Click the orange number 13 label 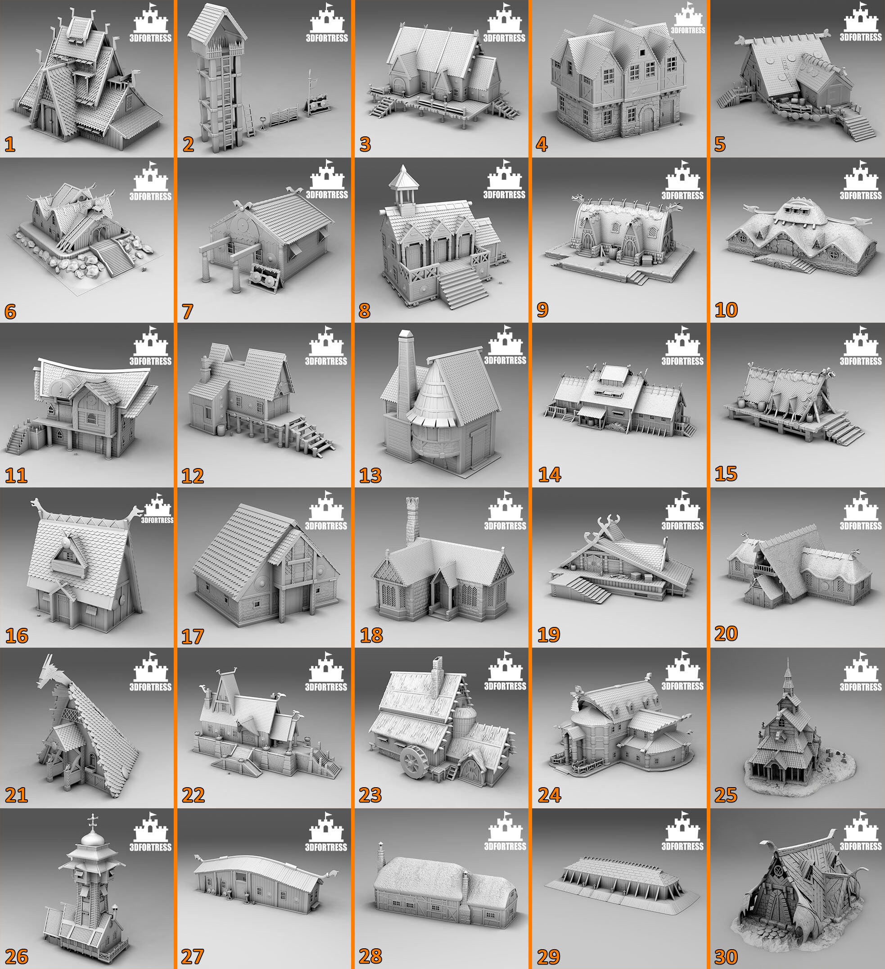pyautogui.click(x=370, y=475)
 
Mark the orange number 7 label pyautogui.click(x=187, y=311)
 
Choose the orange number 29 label pyautogui.click(x=548, y=956)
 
